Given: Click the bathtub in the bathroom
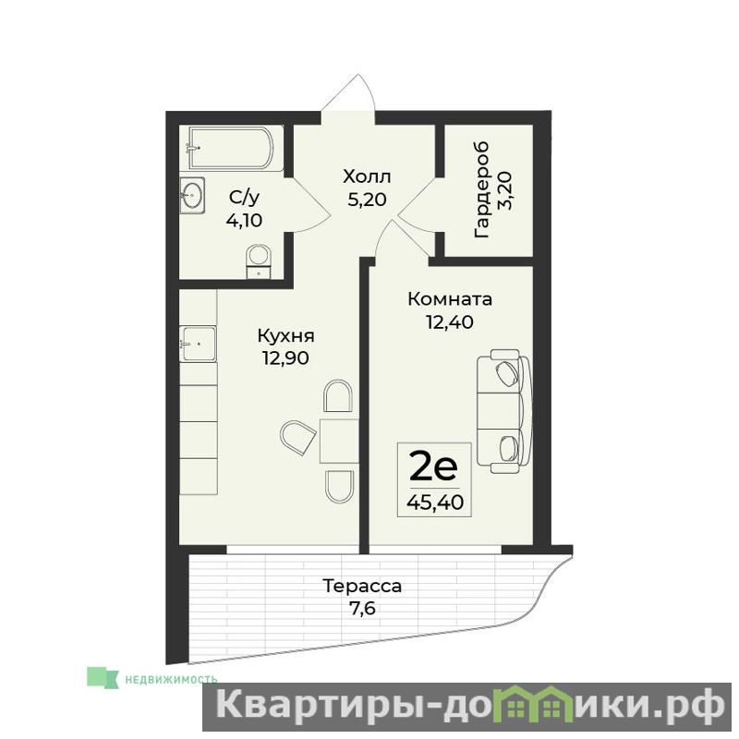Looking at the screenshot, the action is [x=231, y=148].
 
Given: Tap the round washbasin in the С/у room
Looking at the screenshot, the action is [x=192, y=195].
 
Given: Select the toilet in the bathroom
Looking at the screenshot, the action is [x=259, y=261].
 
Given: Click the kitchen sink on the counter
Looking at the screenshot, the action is [x=198, y=344].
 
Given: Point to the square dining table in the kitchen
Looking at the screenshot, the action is [x=339, y=441].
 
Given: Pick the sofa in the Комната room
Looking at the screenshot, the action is [x=503, y=411].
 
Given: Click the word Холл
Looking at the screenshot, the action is [x=367, y=177].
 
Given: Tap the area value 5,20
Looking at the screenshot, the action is [x=367, y=200].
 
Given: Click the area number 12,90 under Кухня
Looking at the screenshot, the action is [x=285, y=358].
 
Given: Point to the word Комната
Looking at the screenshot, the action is [x=450, y=298].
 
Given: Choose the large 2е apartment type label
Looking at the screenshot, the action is [x=433, y=466].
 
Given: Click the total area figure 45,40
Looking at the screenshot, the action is [x=435, y=503].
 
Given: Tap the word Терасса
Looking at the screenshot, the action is [x=362, y=586].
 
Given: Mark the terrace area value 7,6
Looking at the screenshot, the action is [x=362, y=609].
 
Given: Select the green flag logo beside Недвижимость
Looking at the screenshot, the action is [x=103, y=677].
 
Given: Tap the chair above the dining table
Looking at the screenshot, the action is [x=338, y=397].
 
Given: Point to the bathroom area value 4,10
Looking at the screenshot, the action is [x=244, y=220].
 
